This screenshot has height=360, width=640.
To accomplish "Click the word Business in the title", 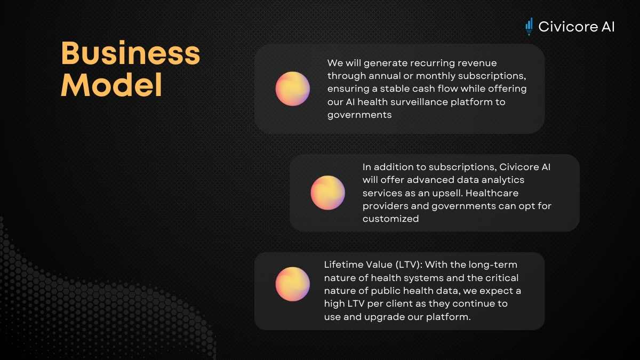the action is [131, 53].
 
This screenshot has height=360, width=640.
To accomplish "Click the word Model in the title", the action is [111, 85].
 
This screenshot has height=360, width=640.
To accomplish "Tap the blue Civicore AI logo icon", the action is [529, 27].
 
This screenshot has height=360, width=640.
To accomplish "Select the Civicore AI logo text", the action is [577, 27].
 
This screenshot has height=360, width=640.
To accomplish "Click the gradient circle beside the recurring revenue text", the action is [293, 89].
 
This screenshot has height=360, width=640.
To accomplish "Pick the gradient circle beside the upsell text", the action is [327, 193].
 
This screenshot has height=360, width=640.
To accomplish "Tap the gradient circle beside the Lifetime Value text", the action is [293, 284].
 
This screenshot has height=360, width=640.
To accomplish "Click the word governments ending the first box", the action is [359, 115].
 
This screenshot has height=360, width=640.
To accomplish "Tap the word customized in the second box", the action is [390, 219].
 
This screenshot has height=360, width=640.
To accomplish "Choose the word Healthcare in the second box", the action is [492, 193].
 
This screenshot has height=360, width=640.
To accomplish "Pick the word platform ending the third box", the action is [449, 317].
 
